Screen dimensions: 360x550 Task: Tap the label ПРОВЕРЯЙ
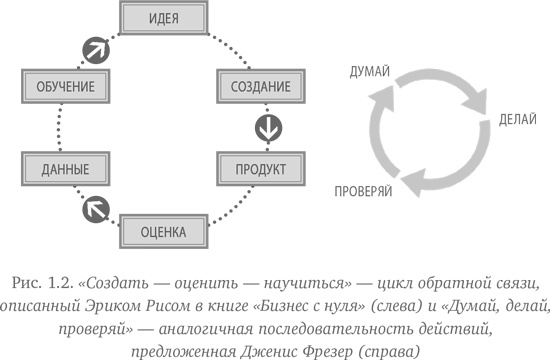(x=362, y=189)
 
